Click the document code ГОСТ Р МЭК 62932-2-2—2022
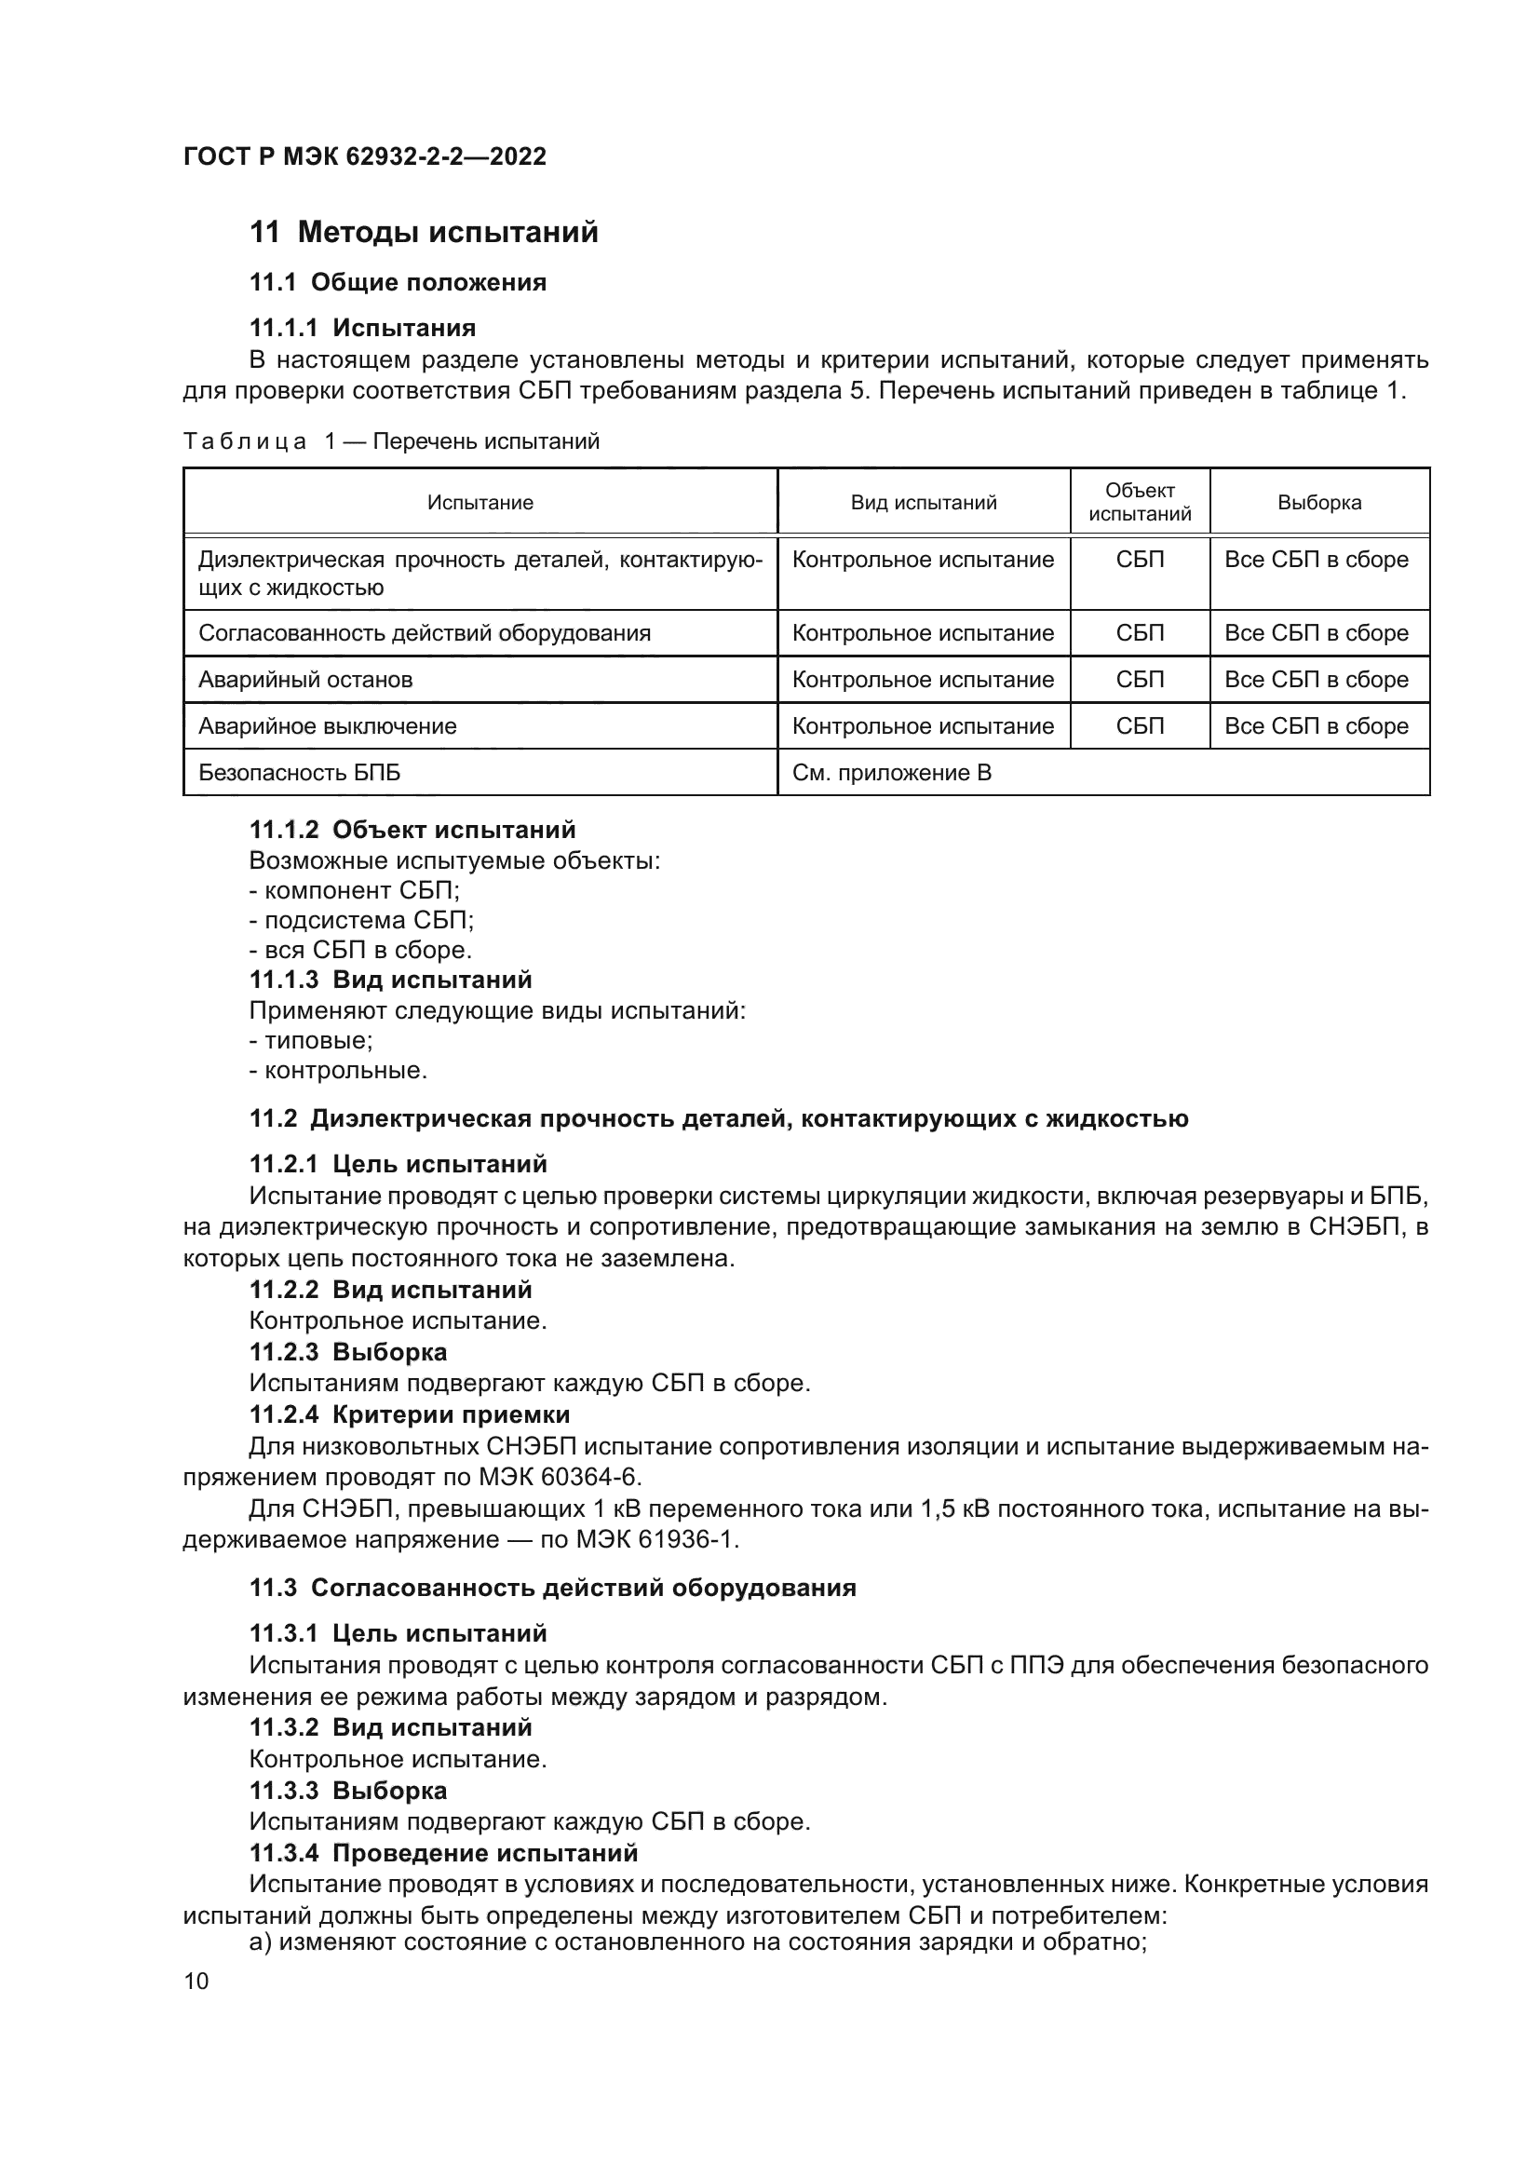(364, 156)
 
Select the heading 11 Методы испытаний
(424, 233)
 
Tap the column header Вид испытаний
(923, 503)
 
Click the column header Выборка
(1318, 503)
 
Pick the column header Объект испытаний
(1139, 503)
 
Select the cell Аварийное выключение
(327, 726)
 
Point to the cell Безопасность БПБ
(299, 773)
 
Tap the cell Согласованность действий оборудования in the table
(424, 634)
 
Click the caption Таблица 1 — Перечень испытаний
(391, 442)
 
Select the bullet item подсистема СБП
(362, 920)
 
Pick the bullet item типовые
(312, 1041)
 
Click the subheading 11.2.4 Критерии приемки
(410, 1415)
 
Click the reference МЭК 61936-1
(655, 1539)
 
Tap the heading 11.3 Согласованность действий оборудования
(553, 1588)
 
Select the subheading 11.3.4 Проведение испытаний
(444, 1853)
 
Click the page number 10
(196, 1982)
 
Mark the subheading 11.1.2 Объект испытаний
(412, 830)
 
